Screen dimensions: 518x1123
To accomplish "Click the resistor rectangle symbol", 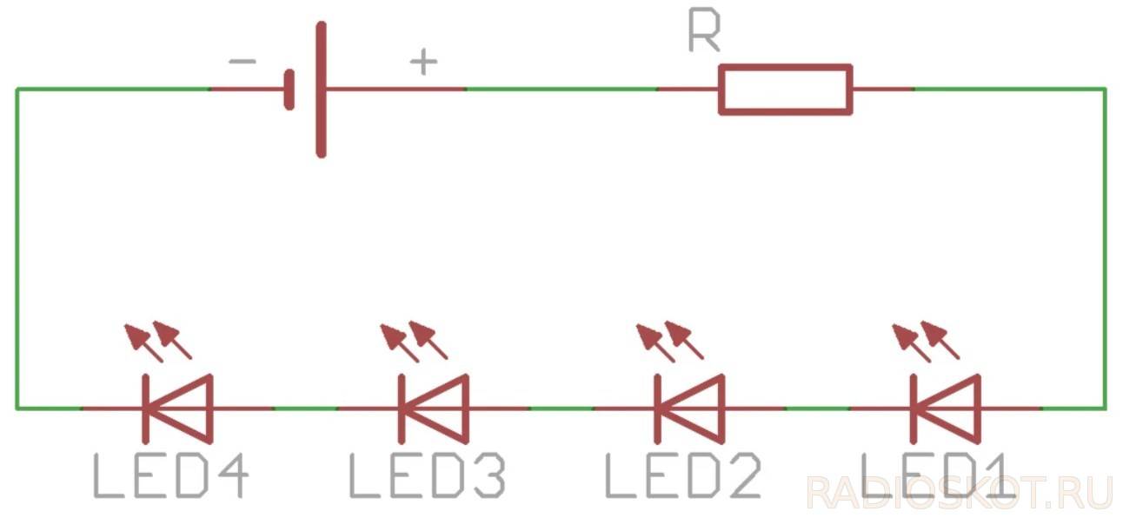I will point(785,89).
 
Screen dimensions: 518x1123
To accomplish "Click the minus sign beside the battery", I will point(242,62).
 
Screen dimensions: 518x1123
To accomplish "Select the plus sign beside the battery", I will point(423,62).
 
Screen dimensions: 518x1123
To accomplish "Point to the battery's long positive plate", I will point(322,89).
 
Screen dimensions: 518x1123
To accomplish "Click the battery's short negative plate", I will point(289,89).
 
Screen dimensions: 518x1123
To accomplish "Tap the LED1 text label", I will point(937,476).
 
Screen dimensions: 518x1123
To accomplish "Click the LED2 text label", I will point(682,476).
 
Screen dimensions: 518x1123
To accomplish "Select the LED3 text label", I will point(427,476).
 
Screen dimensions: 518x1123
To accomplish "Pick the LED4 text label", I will point(171,476).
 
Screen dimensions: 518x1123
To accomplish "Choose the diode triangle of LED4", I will point(182,407).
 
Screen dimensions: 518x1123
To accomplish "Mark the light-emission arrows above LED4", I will point(156,340).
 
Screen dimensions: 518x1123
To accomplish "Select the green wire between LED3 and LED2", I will point(561,408).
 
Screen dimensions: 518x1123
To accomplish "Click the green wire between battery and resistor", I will point(561,89).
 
